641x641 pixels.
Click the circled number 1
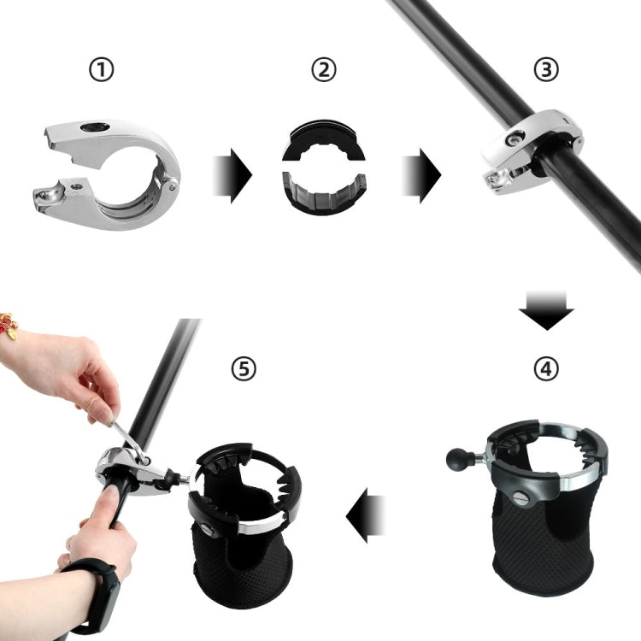(101, 70)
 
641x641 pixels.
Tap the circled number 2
(322, 70)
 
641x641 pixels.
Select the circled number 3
(545, 70)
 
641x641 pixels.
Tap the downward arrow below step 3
(546, 309)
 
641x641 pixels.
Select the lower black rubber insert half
(324, 194)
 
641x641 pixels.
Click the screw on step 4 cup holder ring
(522, 498)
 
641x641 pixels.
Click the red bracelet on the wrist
(9, 326)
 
